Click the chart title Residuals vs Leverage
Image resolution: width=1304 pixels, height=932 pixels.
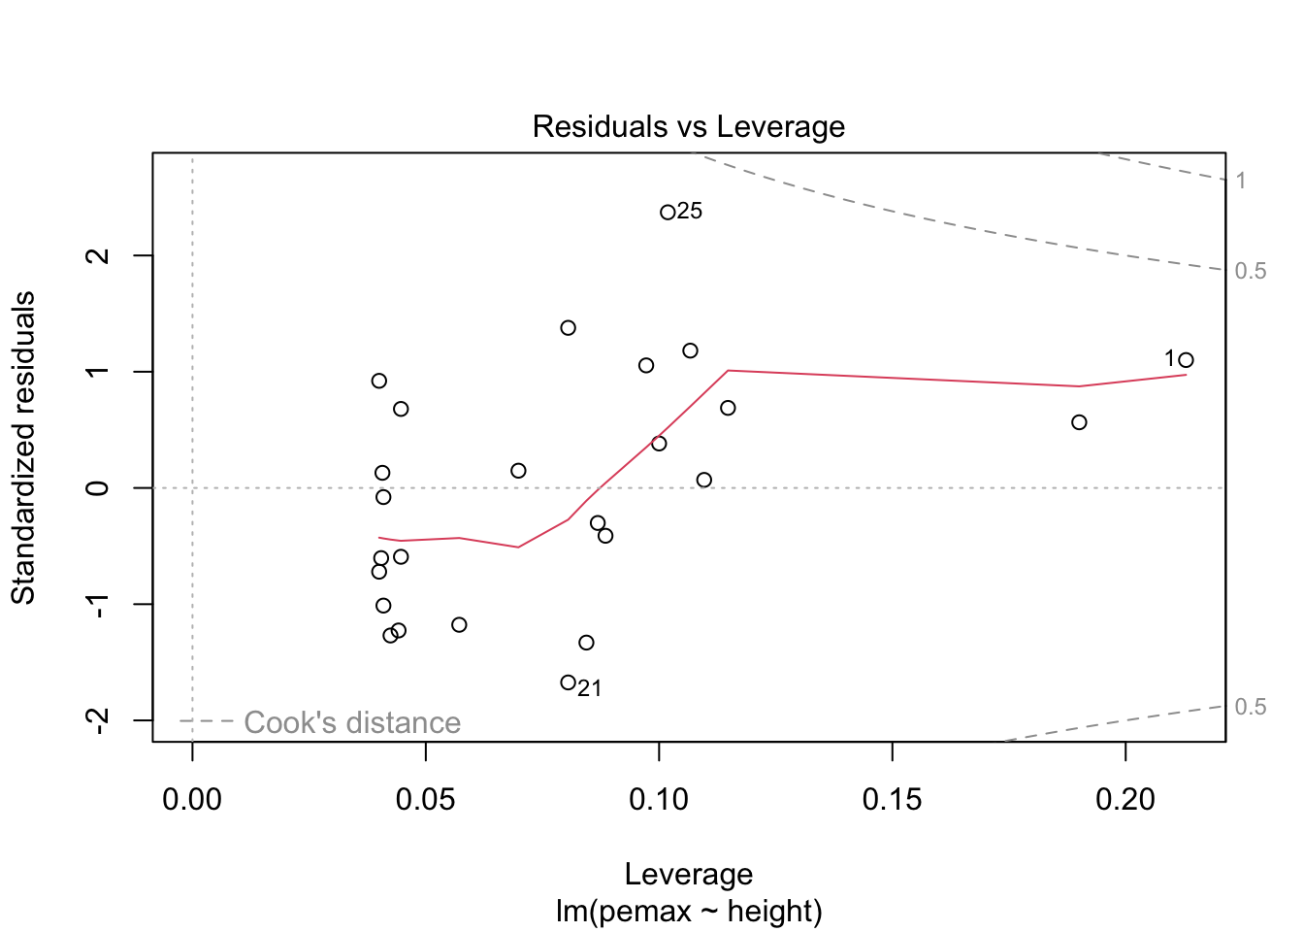tap(688, 127)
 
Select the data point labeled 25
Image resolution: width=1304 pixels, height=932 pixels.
tap(668, 213)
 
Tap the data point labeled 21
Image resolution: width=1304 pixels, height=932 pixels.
tap(568, 682)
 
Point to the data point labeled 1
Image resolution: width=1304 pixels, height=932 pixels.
tap(1186, 360)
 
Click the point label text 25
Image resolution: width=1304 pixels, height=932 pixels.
tap(690, 212)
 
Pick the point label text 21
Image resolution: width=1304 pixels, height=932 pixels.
tap(590, 689)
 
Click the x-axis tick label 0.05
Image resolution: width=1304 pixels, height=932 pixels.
tap(425, 800)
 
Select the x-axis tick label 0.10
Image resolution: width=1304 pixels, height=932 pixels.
tap(659, 800)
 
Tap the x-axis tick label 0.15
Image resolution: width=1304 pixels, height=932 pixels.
tap(892, 800)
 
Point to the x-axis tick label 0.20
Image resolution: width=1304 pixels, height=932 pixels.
tap(1125, 800)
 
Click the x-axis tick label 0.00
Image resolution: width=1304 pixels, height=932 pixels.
tap(192, 800)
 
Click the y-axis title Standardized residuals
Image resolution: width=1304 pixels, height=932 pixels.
tap(23, 448)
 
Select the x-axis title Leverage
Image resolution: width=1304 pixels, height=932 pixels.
tap(688, 875)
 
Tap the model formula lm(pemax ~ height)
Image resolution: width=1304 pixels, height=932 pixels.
tap(688, 912)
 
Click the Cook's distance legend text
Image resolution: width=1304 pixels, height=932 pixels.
tap(352, 723)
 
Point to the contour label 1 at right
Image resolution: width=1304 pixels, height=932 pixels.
tap(1241, 181)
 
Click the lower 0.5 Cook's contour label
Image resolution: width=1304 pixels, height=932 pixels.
tap(1251, 707)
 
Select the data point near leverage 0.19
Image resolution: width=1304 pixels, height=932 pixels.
tap(1079, 422)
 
